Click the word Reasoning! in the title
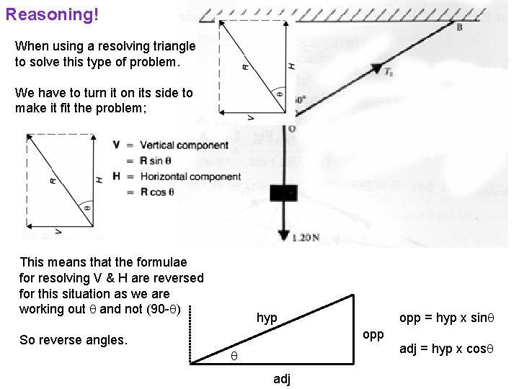pos(52,14)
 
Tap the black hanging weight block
pos(283,192)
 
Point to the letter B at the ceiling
pos(459,27)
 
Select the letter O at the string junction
pos(291,129)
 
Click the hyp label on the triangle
pos(267,318)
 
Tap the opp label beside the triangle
pos(373,334)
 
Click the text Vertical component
pos(184,146)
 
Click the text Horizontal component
pos(190,176)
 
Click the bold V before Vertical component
pos(117,145)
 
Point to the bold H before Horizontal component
pos(117,176)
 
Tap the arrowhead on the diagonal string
pos(376,69)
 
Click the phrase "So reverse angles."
pos(74,340)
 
